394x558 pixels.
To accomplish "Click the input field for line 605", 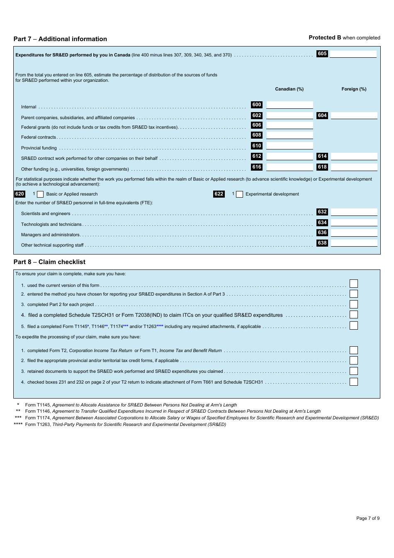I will [353, 54].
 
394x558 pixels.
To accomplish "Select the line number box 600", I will [257, 105].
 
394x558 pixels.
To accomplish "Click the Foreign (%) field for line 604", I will [354, 116].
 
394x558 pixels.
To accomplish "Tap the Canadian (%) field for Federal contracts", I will [289, 135].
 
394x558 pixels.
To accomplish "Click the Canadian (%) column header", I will [289, 89].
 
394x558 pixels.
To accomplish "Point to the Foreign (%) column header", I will [354, 89].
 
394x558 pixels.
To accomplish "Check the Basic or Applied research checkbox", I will [40, 194].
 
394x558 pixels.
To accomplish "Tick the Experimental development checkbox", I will [239, 194].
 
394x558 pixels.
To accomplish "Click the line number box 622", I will [219, 194].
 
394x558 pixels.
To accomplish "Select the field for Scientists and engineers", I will [354, 212].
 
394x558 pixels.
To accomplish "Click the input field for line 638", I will [354, 243].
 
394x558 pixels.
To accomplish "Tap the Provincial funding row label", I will [39, 148].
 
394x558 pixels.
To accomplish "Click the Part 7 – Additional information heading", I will [60, 39].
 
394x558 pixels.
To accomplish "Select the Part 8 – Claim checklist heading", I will [49, 262].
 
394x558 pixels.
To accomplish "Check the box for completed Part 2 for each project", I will [353, 304].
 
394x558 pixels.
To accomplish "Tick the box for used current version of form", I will [353, 284].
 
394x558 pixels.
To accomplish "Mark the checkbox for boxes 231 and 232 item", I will [353, 382].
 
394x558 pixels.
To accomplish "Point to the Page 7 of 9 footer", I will [367, 518].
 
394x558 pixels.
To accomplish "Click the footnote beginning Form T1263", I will [125, 424].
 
